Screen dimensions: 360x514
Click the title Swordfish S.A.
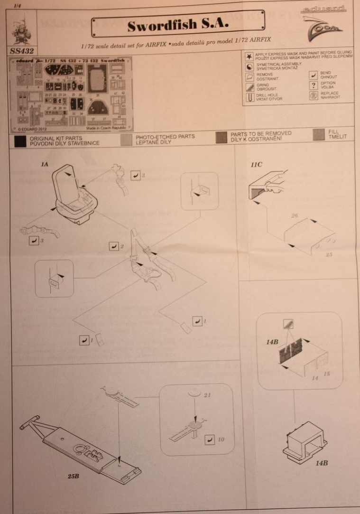178,24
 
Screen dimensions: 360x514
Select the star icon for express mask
248,56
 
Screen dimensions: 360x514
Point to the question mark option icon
312,85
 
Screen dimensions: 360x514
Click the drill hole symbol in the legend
248,96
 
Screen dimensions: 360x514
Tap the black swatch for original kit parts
20,140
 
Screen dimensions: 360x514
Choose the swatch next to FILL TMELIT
319,136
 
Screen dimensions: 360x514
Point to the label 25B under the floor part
73,476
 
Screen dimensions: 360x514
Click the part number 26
294,215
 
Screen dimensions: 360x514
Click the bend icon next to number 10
209,439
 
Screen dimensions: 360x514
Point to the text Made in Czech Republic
107,128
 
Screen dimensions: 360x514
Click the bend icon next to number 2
113,246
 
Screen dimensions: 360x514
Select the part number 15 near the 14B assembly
326,374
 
